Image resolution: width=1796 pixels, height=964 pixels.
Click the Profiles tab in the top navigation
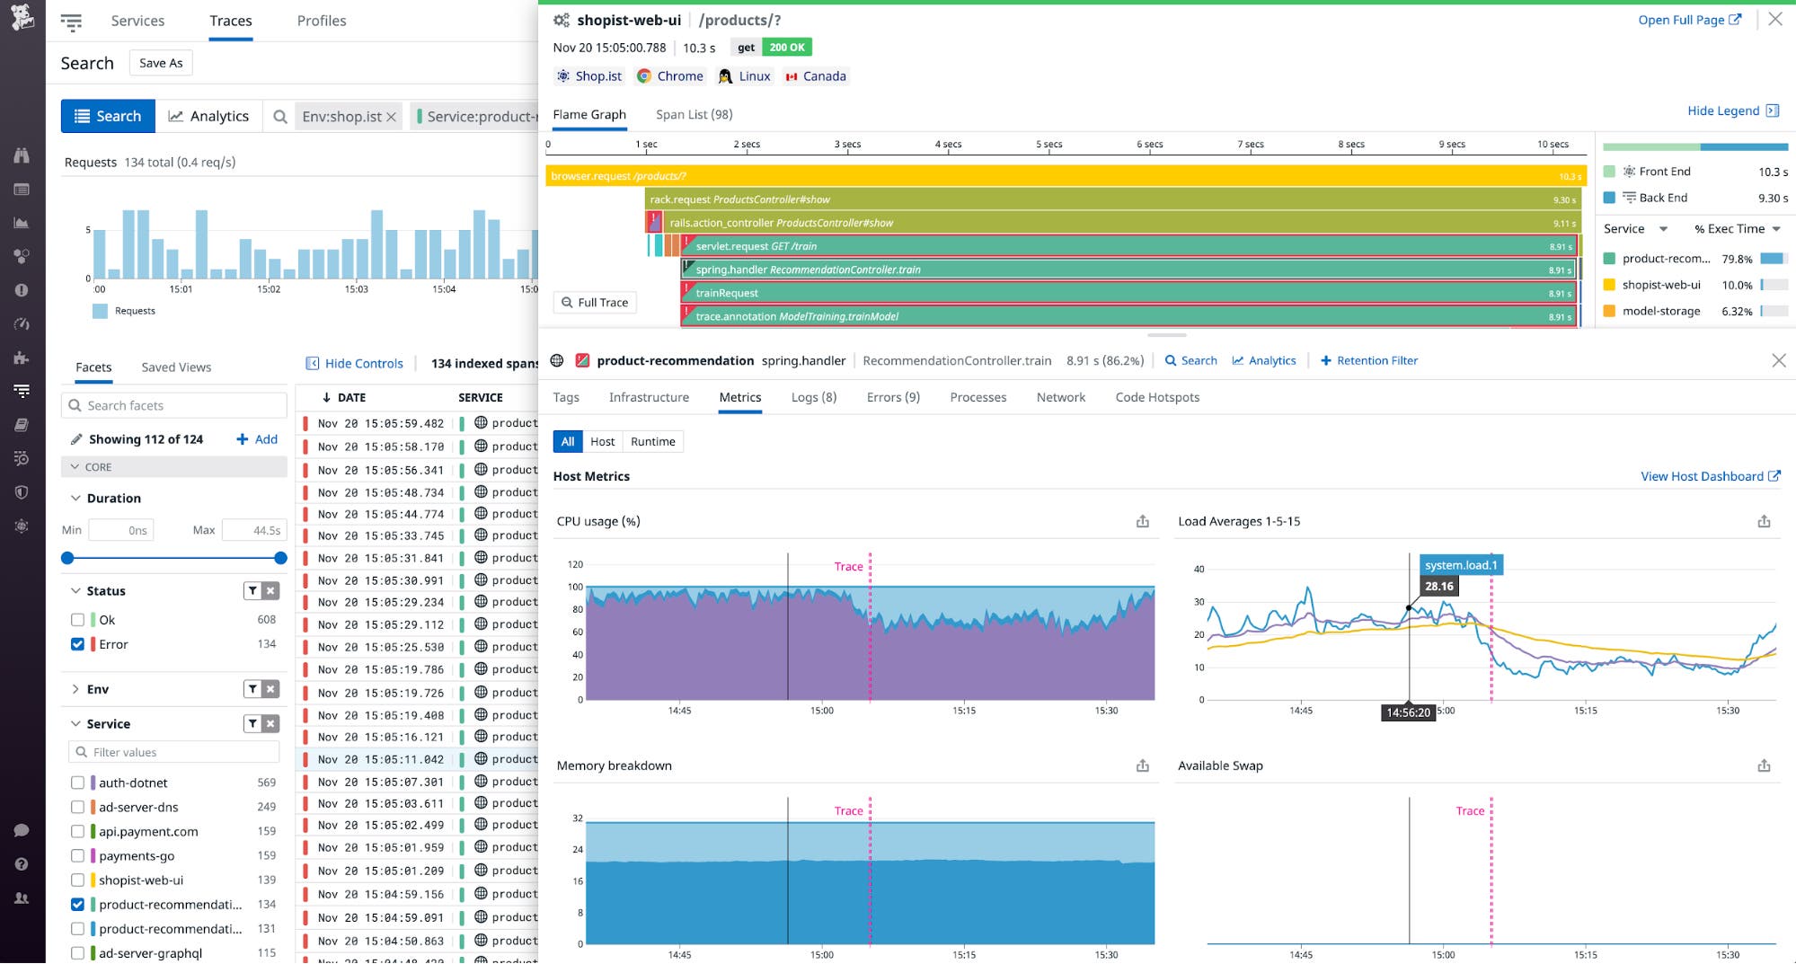[x=321, y=21]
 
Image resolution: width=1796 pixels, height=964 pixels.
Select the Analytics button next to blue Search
[x=208, y=116]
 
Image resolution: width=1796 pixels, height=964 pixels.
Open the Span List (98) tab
[x=694, y=114]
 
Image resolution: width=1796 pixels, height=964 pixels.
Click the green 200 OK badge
[x=786, y=48]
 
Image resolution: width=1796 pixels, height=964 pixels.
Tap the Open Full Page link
[x=1688, y=20]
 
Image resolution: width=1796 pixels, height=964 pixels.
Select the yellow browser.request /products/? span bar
[x=988, y=176]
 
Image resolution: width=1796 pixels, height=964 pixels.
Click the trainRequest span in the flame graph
[x=1078, y=293]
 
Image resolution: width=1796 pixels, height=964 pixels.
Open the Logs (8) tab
[x=813, y=397]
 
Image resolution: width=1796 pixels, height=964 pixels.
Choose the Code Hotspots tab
[x=1156, y=397]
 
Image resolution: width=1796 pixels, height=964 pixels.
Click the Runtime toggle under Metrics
[x=652, y=441]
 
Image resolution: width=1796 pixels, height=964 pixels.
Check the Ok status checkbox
[x=77, y=620]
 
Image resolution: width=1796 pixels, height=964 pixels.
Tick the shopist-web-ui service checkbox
[x=77, y=880]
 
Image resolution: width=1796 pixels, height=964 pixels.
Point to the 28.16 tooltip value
[x=1438, y=587]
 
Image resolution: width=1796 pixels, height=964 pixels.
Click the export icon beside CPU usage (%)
[x=1142, y=521]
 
